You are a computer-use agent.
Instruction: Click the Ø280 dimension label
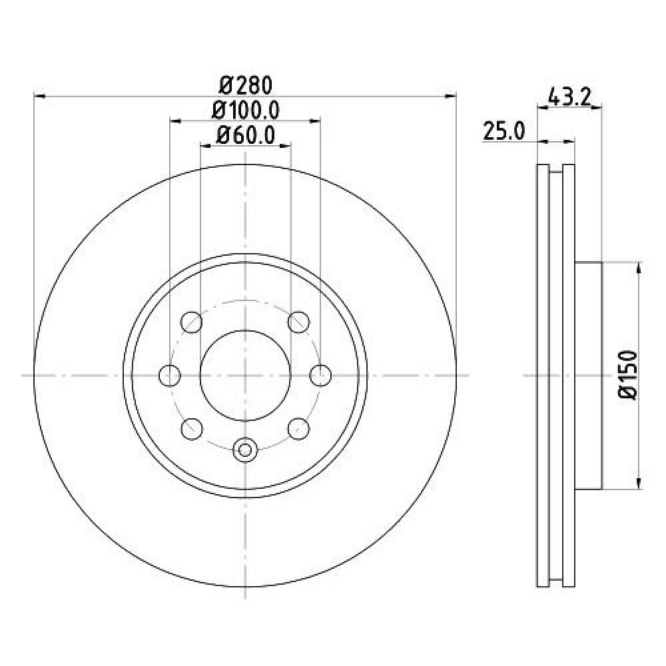pos(245,86)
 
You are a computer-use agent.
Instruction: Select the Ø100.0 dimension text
pos(246,111)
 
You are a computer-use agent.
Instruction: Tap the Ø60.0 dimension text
pos(246,135)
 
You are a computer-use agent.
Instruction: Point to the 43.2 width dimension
pos(569,97)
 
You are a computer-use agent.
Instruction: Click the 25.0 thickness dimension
pos(504,131)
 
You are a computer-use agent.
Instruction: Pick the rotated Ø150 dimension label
pos(628,375)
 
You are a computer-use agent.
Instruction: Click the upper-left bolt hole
pos(191,322)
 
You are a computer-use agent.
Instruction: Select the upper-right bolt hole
pos(298,322)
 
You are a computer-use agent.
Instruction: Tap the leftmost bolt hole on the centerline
pos(169,376)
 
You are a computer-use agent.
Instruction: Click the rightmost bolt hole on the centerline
pos(320,376)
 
